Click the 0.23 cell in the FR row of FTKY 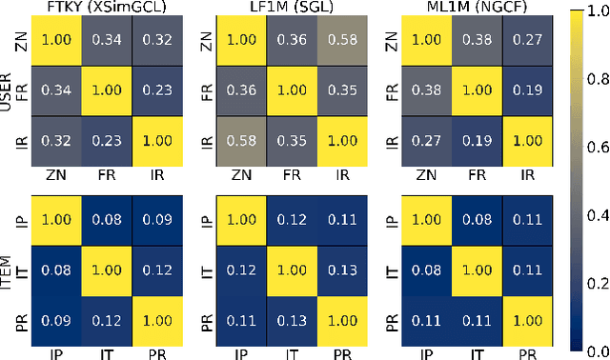158,93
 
